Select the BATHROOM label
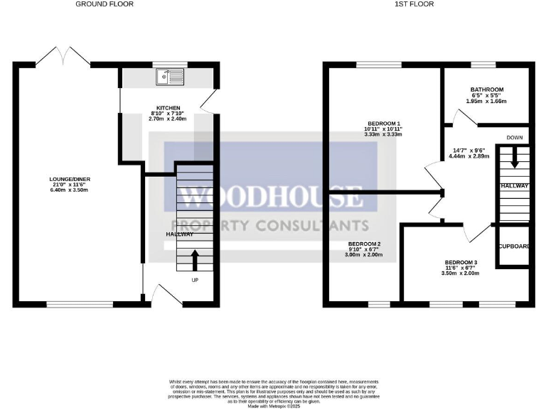coord(486,89)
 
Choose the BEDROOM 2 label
coord(365,244)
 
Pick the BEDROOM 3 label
coord(461,262)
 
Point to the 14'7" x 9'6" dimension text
coord(469,150)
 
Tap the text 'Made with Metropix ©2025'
coord(274,406)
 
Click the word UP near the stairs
coord(194,280)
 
